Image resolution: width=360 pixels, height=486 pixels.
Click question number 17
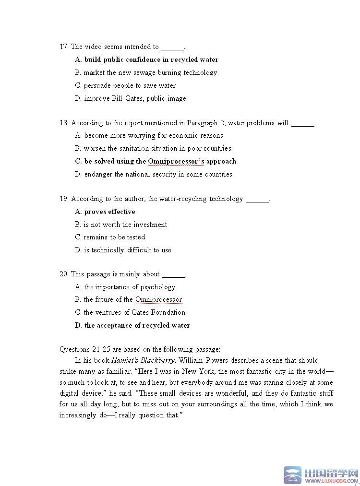(x=64, y=47)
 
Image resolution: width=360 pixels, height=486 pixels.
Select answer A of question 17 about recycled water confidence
(x=146, y=60)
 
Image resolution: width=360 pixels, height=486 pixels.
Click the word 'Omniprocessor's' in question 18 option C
(x=176, y=162)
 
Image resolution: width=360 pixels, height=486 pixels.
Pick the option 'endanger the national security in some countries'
(x=153, y=175)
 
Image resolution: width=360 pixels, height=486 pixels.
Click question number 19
(x=64, y=199)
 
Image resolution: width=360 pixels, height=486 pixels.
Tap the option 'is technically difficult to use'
(x=123, y=250)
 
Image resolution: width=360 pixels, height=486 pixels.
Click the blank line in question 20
(x=173, y=275)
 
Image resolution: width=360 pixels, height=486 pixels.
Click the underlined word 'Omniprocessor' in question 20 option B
(x=158, y=300)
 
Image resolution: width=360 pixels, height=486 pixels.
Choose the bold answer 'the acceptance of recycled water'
(x=132, y=326)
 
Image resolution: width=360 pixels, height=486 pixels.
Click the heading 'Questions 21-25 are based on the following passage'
(x=140, y=350)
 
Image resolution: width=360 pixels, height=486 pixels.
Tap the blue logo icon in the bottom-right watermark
(x=292, y=475)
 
